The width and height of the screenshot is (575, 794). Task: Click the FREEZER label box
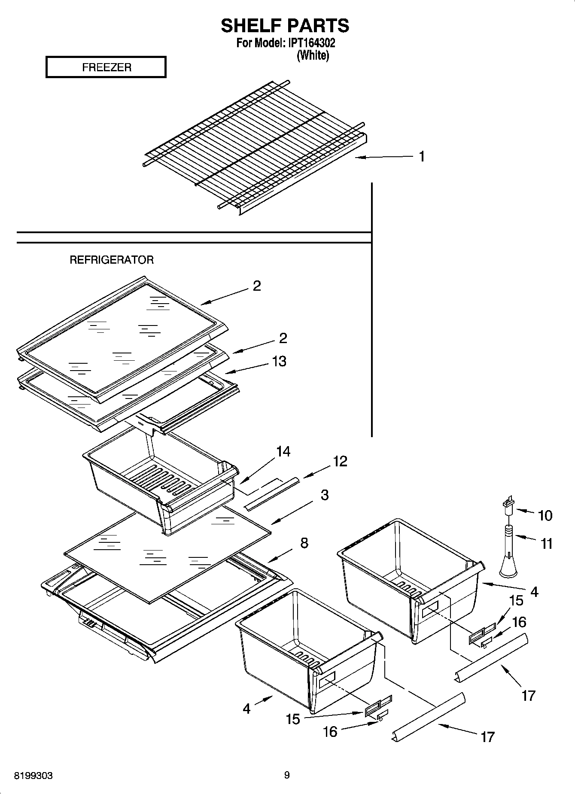pyautogui.click(x=106, y=67)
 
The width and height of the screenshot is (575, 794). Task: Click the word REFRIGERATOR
pyautogui.click(x=112, y=260)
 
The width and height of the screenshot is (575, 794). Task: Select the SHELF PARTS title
pyautogui.click(x=285, y=26)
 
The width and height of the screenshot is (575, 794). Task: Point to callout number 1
pyautogui.click(x=422, y=157)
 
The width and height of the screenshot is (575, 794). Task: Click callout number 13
pyautogui.click(x=279, y=361)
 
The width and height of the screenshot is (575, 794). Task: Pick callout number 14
pyautogui.click(x=283, y=451)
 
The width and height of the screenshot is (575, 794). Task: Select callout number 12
pyautogui.click(x=340, y=461)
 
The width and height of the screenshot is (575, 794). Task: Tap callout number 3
pyautogui.click(x=325, y=495)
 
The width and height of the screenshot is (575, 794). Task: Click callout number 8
pyautogui.click(x=304, y=543)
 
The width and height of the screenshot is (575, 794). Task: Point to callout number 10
pyautogui.click(x=545, y=515)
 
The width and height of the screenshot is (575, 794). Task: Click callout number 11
pyautogui.click(x=546, y=544)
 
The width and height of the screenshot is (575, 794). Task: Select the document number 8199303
pyautogui.click(x=33, y=776)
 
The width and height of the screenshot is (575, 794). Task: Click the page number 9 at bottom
pyautogui.click(x=287, y=775)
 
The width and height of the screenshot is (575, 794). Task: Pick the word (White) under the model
pyautogui.click(x=313, y=55)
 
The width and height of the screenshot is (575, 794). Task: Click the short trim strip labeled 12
pyautogui.click(x=271, y=493)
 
